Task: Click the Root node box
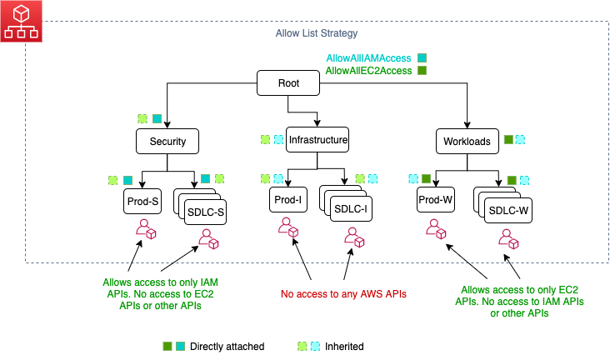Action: tap(287, 83)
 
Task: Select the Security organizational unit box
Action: tap(167, 141)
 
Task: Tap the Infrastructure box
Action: tap(317, 140)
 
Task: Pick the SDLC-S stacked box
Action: tap(205, 211)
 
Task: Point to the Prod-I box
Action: tap(288, 200)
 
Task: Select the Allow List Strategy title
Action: tap(317, 33)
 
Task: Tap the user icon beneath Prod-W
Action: tap(435, 229)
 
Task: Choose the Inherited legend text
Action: tap(344, 346)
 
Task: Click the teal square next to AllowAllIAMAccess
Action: tap(422, 57)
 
